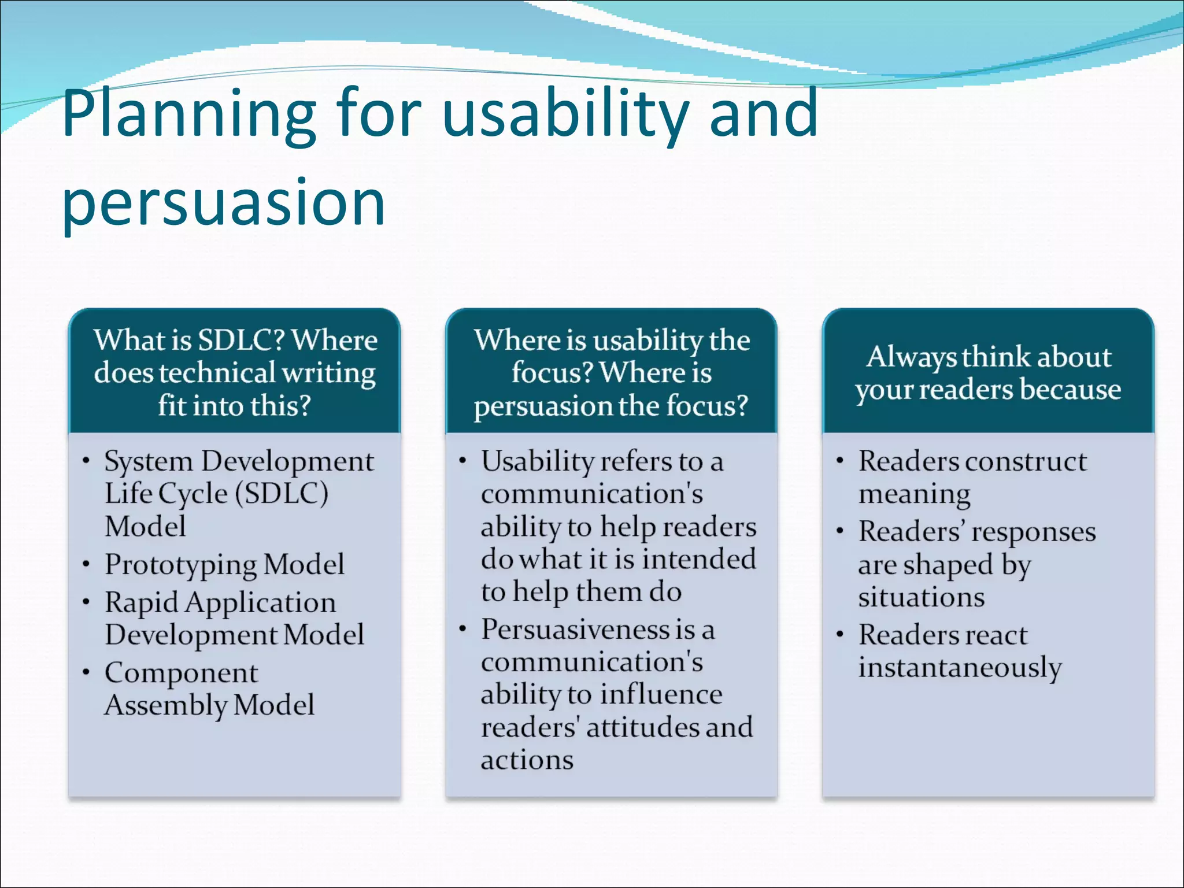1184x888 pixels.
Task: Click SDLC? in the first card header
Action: pyautogui.click(x=241, y=340)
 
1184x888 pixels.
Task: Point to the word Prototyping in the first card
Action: pyautogui.click(x=180, y=565)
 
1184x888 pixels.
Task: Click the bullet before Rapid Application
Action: pyautogui.click(x=86, y=602)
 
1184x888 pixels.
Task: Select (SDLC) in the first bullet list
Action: pyautogui.click(x=282, y=494)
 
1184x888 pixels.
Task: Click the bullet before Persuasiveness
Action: pyautogui.click(x=462, y=629)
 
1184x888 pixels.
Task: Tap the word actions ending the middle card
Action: pyautogui.click(x=527, y=760)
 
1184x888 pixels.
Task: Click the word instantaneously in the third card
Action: pyautogui.click(x=960, y=668)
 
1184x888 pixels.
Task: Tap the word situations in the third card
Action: pyautogui.click(x=921, y=597)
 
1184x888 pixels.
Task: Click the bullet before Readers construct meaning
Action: pyautogui.click(x=839, y=461)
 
